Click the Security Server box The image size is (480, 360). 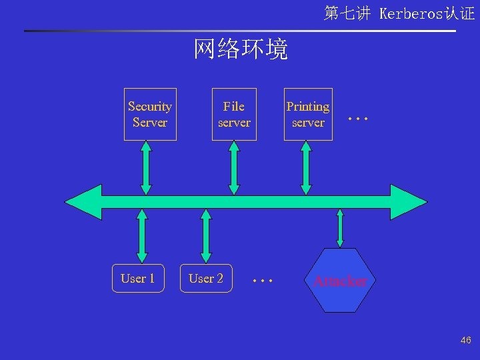pyautogui.click(x=150, y=114)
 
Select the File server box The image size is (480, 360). pyautogui.click(x=234, y=114)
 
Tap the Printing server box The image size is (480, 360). pyautogui.click(x=308, y=114)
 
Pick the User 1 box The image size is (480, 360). pyautogui.click(x=137, y=278)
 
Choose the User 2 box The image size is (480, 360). pyautogui.click(x=206, y=278)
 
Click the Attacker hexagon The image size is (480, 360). pyautogui.click(x=340, y=281)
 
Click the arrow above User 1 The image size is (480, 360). pyautogui.click(x=141, y=235)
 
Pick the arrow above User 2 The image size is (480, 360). pyautogui.click(x=206, y=235)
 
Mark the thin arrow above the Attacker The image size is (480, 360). pyautogui.click(x=340, y=229)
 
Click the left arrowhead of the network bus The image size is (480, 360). pyautogui.click(x=83, y=201)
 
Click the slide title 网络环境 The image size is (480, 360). pyautogui.click(x=241, y=49)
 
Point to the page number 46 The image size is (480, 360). pyautogui.click(x=465, y=341)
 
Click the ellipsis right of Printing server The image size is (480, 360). pyautogui.click(x=358, y=119)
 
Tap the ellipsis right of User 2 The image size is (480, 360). pyautogui.click(x=263, y=281)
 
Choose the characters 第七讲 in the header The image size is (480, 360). pyautogui.click(x=347, y=13)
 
